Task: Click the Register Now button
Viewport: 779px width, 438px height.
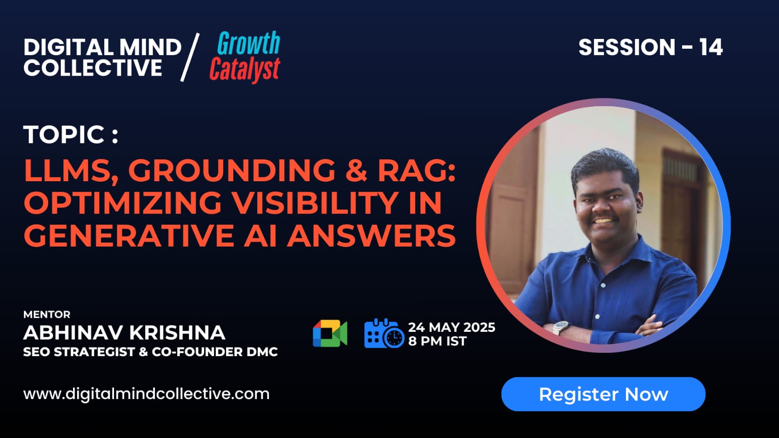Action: point(603,394)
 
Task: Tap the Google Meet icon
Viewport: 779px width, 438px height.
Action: point(330,333)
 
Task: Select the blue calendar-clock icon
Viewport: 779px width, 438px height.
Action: point(384,333)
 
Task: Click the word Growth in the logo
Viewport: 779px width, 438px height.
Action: point(248,43)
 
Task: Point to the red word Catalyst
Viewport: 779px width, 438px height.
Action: point(245,70)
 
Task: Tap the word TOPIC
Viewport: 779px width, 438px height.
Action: point(64,134)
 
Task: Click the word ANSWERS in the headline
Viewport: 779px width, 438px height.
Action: point(371,235)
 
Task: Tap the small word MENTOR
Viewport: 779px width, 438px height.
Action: point(47,315)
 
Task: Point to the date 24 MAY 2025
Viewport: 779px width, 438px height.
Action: point(452,327)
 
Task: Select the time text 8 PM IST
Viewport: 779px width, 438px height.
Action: point(437,341)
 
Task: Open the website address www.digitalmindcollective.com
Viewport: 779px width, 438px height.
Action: point(146,394)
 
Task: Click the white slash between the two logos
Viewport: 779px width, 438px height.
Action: point(190,57)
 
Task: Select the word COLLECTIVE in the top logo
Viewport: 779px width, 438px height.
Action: point(93,68)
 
